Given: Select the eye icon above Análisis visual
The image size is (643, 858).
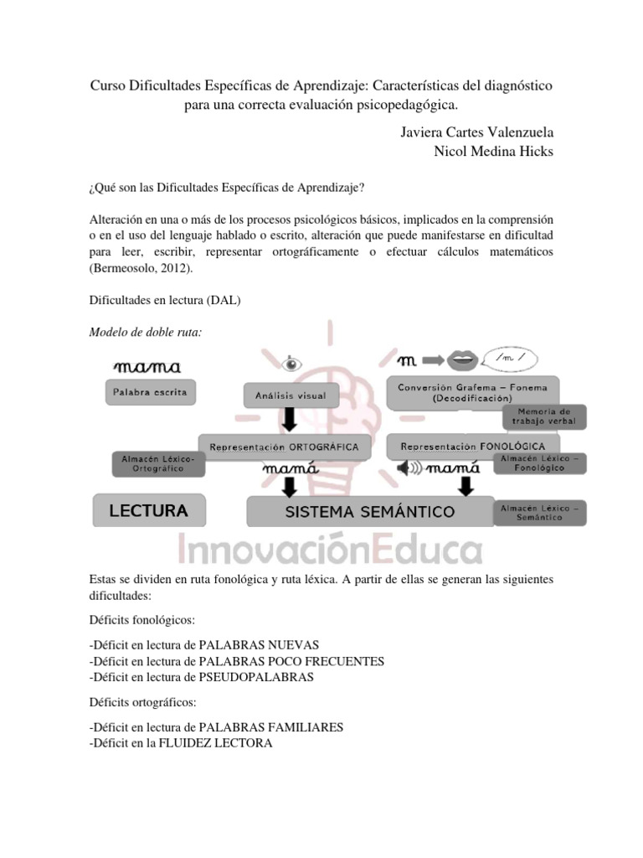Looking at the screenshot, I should coord(291,364).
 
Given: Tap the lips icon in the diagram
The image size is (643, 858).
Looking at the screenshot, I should coord(460,361).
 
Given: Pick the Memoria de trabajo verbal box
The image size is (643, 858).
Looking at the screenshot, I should coord(544,416).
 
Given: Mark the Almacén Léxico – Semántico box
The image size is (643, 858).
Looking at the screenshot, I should coord(540,513).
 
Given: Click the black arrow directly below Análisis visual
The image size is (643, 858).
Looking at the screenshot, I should coord(290,417).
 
